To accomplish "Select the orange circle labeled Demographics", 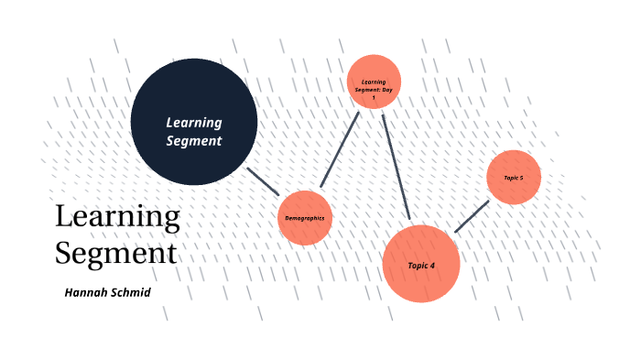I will (304, 217).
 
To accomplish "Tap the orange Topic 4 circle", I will (420, 264).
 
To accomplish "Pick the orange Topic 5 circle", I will (514, 177).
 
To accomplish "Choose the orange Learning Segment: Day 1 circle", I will (374, 82).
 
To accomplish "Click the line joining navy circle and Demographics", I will (263, 180).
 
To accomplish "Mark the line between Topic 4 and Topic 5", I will (472, 216).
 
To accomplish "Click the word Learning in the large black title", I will (117, 217).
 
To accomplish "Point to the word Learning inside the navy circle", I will (193, 123).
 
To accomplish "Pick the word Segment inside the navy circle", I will (193, 141).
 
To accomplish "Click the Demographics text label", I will (304, 217).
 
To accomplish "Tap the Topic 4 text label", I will (420, 265).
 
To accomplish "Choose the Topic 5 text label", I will (514, 177).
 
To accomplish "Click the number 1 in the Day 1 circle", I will (374, 97).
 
